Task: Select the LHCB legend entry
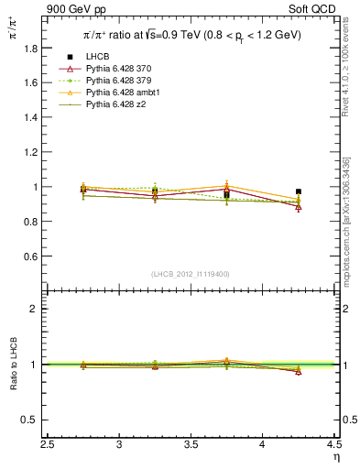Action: point(97,57)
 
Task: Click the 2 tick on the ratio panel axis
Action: point(37,309)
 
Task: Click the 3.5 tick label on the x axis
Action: point(191,445)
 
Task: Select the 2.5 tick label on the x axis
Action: point(49,445)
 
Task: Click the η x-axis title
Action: point(336,458)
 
